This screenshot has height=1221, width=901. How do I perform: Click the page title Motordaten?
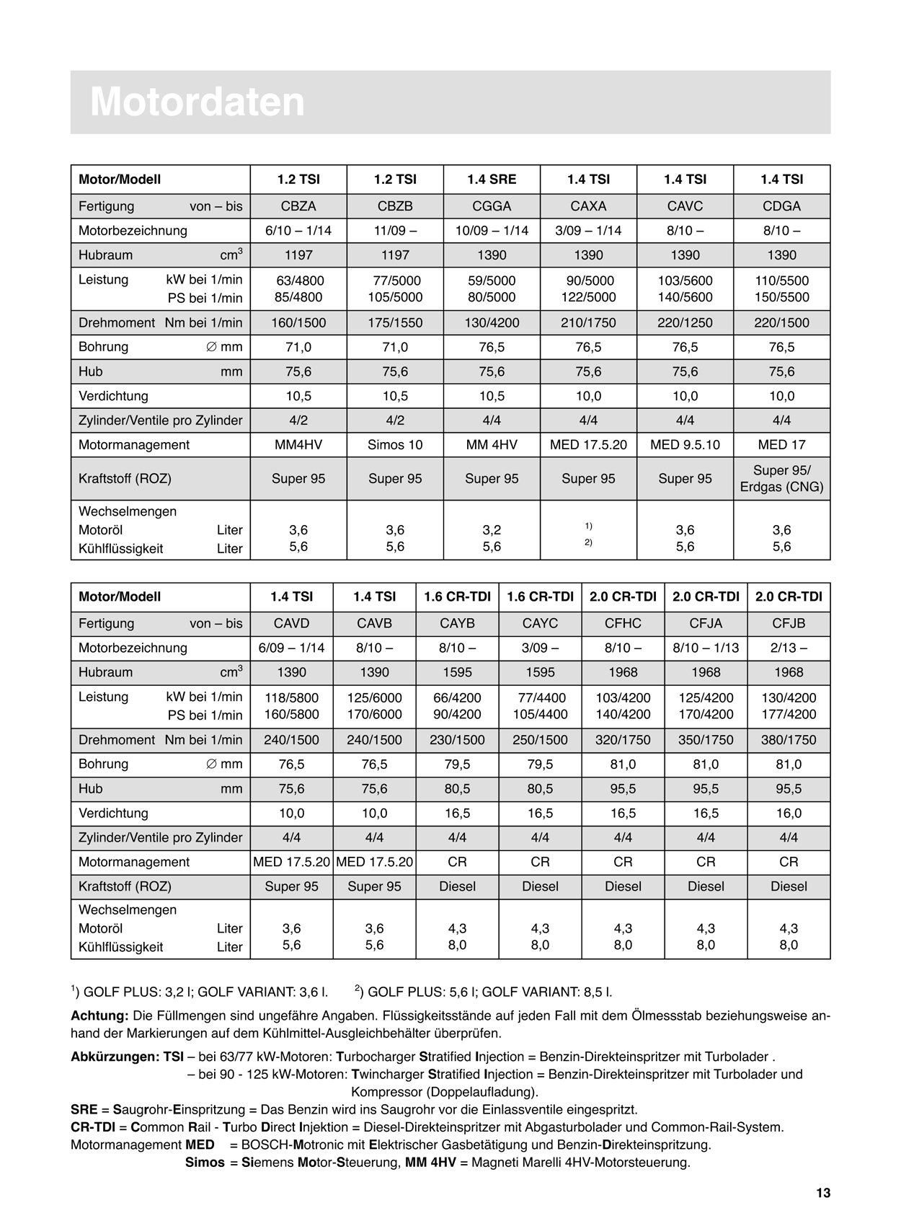[x=197, y=102]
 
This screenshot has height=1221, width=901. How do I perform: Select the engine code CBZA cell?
[x=298, y=206]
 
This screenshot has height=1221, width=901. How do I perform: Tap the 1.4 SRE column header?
[x=492, y=180]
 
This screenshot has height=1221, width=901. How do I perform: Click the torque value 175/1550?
[x=395, y=323]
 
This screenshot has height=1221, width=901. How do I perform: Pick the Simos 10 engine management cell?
[x=395, y=445]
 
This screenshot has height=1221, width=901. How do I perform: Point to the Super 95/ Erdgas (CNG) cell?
[x=781, y=479]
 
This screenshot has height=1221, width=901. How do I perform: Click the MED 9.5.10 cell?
[x=685, y=445]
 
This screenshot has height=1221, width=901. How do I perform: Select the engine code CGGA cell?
[x=492, y=206]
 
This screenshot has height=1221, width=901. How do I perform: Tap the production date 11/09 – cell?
[x=395, y=231]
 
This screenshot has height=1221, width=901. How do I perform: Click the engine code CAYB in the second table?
[x=457, y=624]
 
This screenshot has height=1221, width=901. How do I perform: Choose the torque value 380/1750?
[x=789, y=740]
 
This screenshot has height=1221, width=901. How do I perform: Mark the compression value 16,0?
[x=789, y=814]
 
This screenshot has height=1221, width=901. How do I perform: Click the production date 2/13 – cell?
[x=789, y=648]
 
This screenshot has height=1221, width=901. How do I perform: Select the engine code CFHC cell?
[x=623, y=624]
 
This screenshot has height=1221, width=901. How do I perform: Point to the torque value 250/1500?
[x=540, y=740]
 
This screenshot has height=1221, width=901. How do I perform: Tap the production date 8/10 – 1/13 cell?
[x=706, y=648]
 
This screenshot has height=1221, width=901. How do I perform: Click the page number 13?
[x=823, y=1194]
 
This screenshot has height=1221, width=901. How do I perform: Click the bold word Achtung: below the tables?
[x=99, y=1016]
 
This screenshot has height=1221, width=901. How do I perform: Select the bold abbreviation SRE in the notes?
[x=84, y=1109]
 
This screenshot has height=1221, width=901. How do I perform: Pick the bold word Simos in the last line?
[x=205, y=1163]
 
